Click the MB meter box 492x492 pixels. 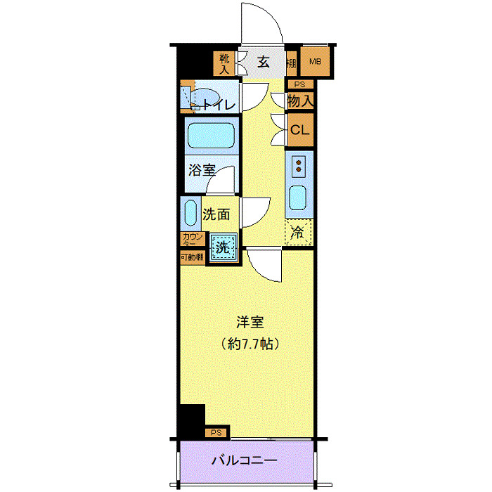click(x=316, y=63)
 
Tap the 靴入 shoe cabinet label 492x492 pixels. click(x=225, y=63)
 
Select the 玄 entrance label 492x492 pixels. click(x=263, y=62)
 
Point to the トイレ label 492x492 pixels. click(x=221, y=105)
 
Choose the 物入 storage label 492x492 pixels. click(x=300, y=101)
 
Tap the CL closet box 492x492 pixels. click(x=300, y=130)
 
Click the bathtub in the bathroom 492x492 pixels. click(x=211, y=134)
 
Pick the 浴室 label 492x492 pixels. click(x=202, y=170)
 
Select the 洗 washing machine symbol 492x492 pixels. click(x=221, y=247)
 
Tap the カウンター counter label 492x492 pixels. click(x=192, y=239)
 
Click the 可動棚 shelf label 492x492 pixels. click(x=192, y=257)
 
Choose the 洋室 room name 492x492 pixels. click(x=249, y=323)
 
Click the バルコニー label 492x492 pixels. click(x=245, y=462)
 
